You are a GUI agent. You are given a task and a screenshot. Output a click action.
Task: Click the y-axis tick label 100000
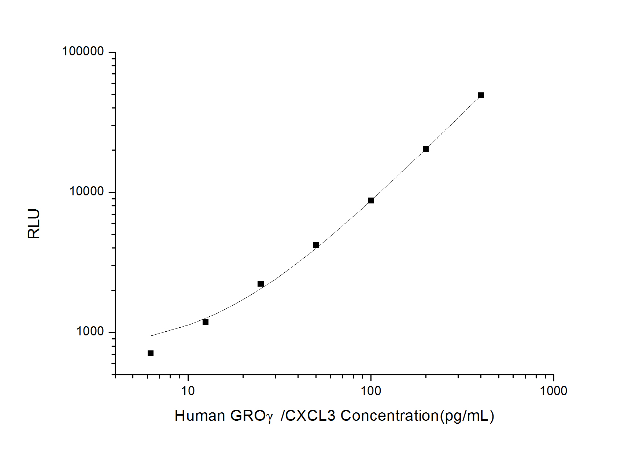[x=83, y=51]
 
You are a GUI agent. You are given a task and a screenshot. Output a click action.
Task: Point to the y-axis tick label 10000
[x=87, y=191]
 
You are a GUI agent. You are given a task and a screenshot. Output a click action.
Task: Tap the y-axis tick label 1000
[x=90, y=331]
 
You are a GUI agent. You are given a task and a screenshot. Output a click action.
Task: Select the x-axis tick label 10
[x=188, y=391]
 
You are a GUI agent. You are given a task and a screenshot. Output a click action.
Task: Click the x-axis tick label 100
[x=371, y=391]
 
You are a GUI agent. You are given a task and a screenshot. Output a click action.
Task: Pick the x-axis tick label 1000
[x=553, y=391]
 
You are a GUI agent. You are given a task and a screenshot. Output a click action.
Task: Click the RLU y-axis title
[x=34, y=224]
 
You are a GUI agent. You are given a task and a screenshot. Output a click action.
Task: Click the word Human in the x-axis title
[x=200, y=416]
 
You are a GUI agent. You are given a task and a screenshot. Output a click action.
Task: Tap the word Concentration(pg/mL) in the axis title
[x=417, y=416]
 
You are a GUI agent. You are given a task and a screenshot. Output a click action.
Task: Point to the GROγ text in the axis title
[x=251, y=416]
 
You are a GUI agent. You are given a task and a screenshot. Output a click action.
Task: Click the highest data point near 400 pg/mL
[x=481, y=95]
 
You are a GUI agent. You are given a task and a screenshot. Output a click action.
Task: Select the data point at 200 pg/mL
[x=426, y=149]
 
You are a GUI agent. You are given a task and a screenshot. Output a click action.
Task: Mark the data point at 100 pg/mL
[x=371, y=200]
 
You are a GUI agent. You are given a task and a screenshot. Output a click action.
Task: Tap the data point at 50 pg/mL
[x=316, y=245]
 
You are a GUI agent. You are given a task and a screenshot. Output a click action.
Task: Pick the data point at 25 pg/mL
[x=260, y=284]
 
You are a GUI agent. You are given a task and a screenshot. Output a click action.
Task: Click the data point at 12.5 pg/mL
[x=206, y=322]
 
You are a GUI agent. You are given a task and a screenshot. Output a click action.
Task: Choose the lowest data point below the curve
[x=151, y=353]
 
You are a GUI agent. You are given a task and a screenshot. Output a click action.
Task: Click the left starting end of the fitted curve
[x=151, y=336]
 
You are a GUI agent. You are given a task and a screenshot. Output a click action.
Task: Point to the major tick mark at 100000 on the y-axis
[x=112, y=52]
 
